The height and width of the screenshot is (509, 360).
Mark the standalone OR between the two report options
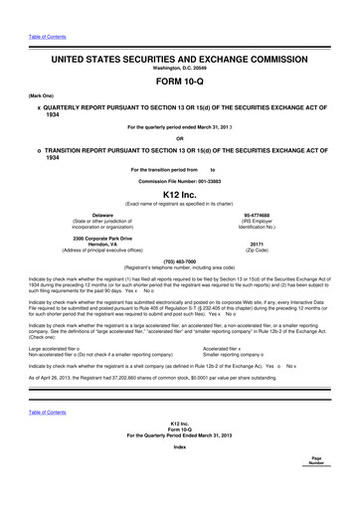(179, 137)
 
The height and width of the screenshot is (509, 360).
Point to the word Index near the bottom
(179, 474)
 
